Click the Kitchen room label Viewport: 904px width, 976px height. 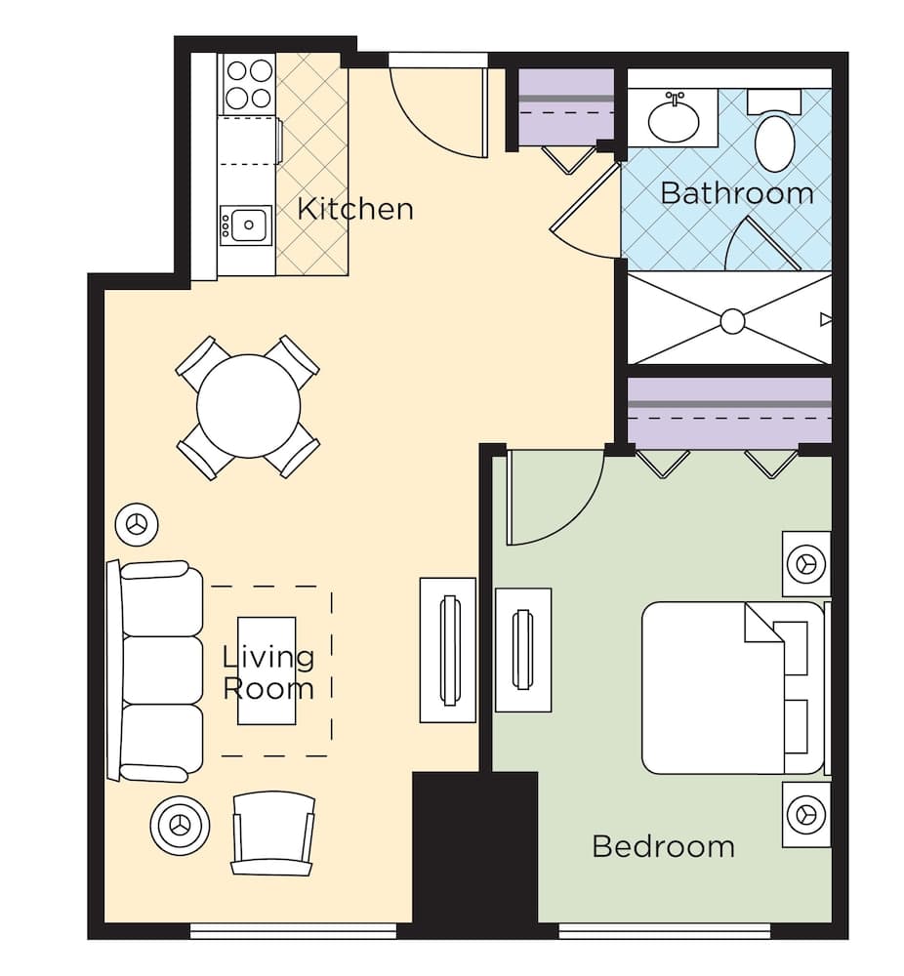tap(354, 209)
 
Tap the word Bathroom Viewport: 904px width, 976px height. tap(736, 192)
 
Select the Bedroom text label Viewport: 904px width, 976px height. tap(663, 845)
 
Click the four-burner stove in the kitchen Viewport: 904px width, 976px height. tap(249, 84)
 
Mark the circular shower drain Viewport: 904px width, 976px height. tap(732, 320)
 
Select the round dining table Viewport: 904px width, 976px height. tap(248, 407)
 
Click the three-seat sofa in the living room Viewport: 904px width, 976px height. tap(161, 671)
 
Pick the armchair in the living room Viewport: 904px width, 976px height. tap(273, 832)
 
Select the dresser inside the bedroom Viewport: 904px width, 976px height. tap(523, 649)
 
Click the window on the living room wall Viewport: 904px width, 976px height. tap(293, 931)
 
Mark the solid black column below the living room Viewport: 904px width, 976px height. tap(474, 849)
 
